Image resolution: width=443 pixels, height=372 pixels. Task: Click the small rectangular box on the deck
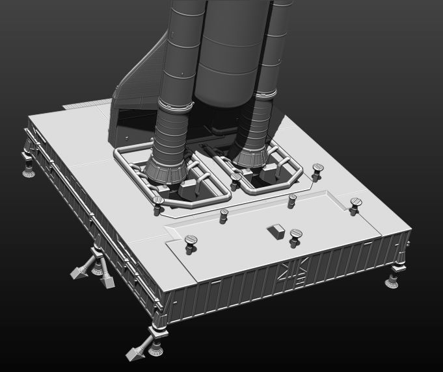coord(275,230)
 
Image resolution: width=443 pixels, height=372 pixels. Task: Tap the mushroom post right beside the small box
coord(296,234)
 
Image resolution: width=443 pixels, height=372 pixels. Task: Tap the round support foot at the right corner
coord(394,281)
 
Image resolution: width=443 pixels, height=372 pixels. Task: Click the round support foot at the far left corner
coord(29,170)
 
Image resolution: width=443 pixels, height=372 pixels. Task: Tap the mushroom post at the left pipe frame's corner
coord(157,204)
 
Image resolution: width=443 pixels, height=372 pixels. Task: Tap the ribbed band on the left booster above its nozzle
coord(172,130)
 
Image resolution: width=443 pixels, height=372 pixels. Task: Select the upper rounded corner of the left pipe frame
coord(121,153)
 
